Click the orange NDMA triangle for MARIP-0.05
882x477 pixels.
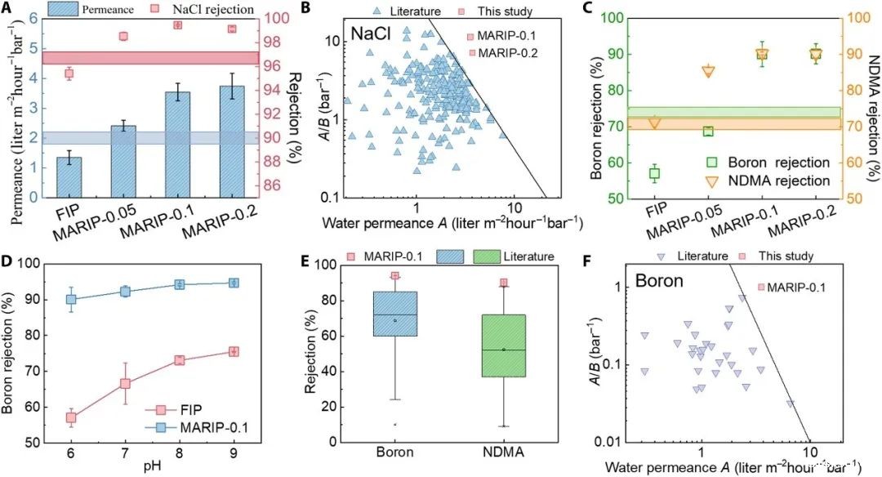click(x=708, y=71)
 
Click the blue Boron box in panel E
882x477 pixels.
click(x=394, y=314)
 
